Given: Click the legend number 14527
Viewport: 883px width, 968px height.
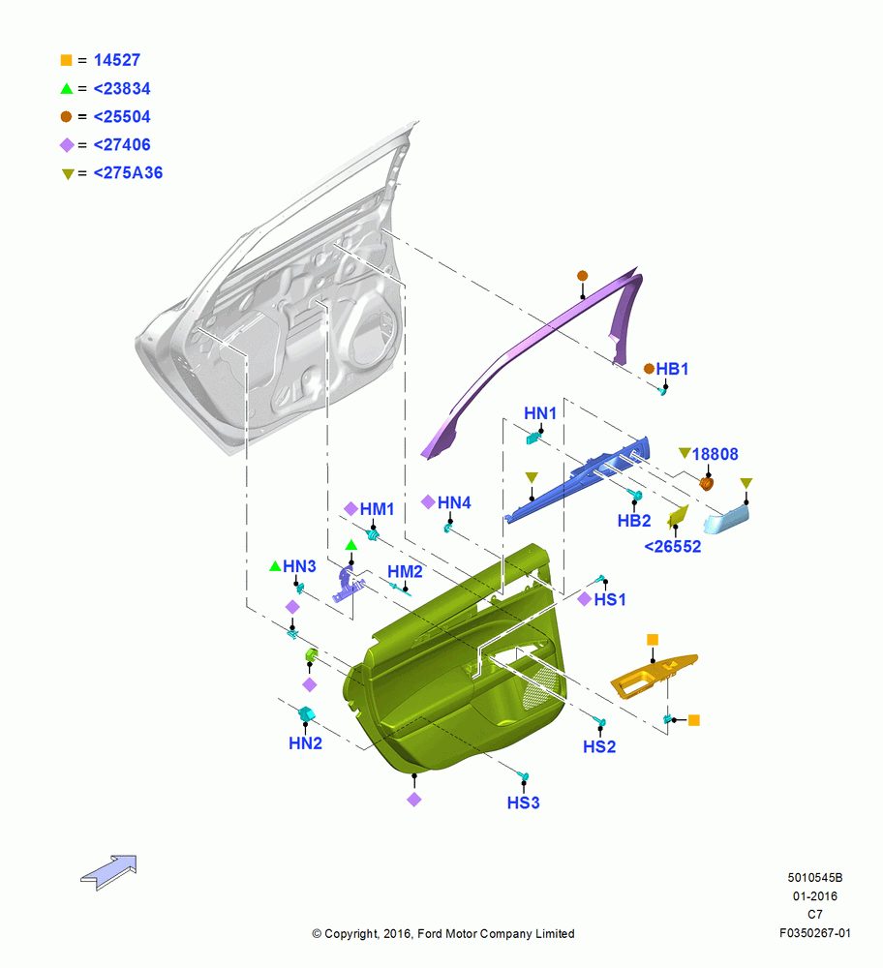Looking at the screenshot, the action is click(x=117, y=60).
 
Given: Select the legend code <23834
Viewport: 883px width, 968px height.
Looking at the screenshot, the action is click(x=122, y=88).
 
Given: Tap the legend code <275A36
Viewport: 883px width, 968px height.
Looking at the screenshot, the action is click(x=128, y=173).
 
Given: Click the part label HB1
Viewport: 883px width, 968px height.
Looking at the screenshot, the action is click(x=672, y=369).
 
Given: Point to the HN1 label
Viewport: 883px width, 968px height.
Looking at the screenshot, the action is click(x=540, y=413).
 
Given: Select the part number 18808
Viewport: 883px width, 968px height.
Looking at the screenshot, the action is click(x=715, y=454).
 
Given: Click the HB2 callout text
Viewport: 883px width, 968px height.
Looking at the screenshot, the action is click(x=634, y=521).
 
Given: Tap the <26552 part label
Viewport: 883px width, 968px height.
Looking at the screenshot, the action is click(x=673, y=546).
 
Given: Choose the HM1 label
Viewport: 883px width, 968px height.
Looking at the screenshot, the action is click(x=377, y=509).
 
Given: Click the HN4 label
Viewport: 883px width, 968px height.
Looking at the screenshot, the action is click(x=454, y=502).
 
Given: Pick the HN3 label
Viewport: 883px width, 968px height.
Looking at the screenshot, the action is click(x=299, y=566).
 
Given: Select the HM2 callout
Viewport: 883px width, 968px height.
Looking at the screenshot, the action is click(x=405, y=572).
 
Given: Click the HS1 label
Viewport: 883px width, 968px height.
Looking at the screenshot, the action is click(x=610, y=599).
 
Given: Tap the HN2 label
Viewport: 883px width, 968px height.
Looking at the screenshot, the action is click(x=306, y=743).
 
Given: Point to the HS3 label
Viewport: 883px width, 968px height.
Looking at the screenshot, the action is click(x=524, y=802).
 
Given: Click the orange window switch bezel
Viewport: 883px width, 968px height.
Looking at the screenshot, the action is click(x=654, y=678).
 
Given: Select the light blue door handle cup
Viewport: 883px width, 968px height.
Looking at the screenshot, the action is click(x=726, y=519).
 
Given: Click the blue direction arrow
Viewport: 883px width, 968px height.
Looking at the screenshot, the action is click(x=108, y=872).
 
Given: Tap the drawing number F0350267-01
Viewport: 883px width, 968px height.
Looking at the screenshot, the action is click(x=815, y=933).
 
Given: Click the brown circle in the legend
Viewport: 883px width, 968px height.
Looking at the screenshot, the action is click(x=66, y=117).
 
